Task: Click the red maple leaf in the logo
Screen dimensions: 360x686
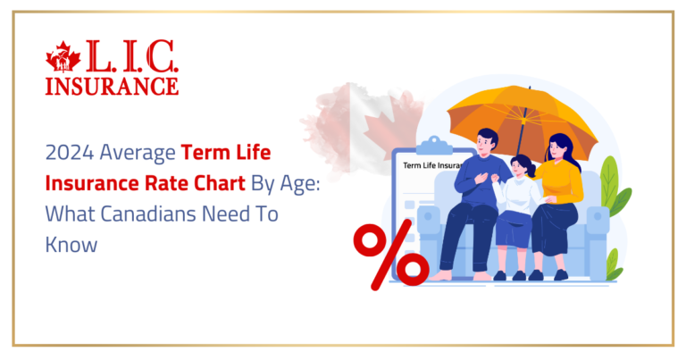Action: click(63, 58)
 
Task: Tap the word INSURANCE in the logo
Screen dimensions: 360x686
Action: click(113, 85)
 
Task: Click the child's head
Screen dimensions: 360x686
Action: click(522, 166)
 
